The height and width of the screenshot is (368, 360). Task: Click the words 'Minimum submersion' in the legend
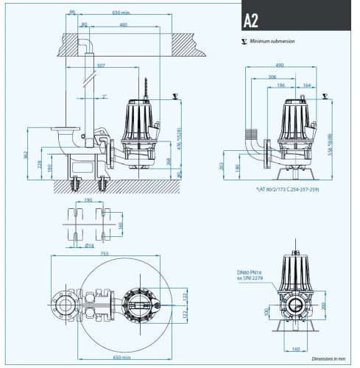tap(272, 42)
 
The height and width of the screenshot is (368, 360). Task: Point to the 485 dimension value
tap(122, 24)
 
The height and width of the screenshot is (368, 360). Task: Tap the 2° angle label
tap(105, 96)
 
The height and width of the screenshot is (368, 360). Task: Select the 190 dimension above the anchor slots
tap(88, 199)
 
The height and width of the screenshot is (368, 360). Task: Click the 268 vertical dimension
tap(168, 161)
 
